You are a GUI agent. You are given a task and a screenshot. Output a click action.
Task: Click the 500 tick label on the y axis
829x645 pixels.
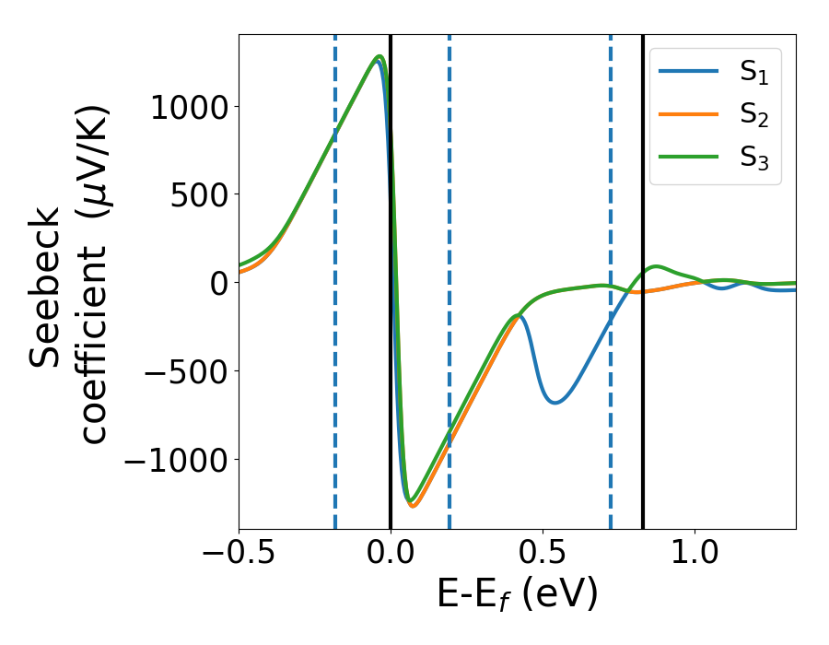[201, 194]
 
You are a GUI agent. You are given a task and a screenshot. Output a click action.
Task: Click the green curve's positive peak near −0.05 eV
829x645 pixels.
[379, 57]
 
